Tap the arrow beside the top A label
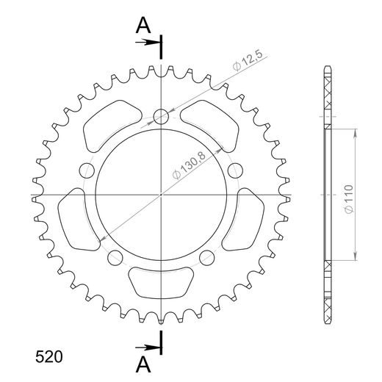click(x=149, y=42)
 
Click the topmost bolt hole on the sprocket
click(x=161, y=115)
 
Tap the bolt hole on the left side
click(x=87, y=171)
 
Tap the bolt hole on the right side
click(x=236, y=171)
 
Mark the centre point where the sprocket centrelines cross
click(x=161, y=195)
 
